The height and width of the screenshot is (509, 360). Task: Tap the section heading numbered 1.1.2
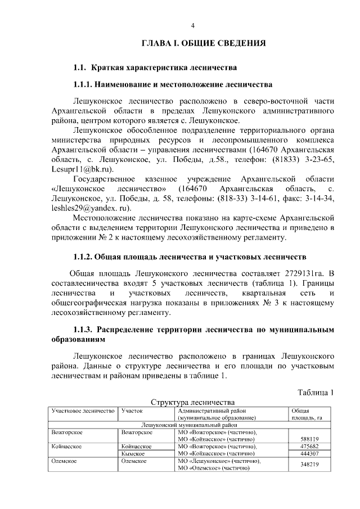190,257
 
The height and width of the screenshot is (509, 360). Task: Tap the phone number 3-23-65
318,160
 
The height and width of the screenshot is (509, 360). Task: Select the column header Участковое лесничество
83,411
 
